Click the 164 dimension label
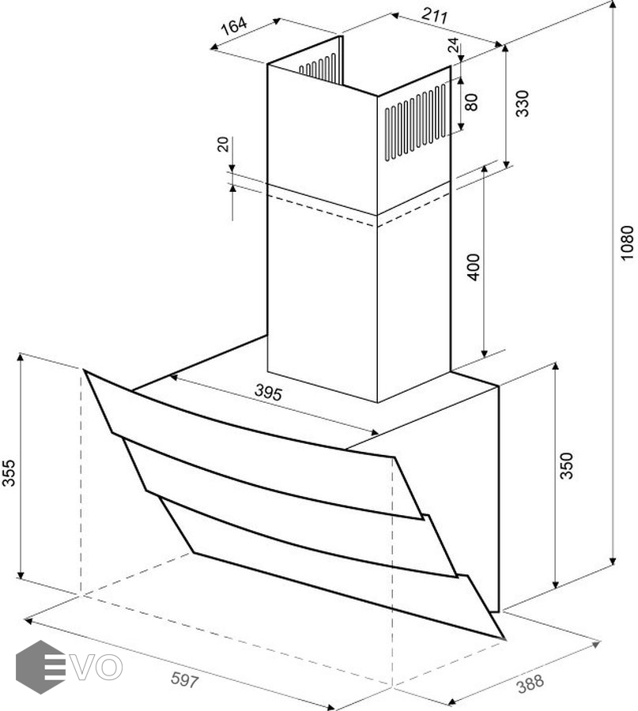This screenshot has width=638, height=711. coord(234,26)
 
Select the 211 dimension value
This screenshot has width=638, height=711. coord(435,16)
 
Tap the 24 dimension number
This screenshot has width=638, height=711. coord(453,45)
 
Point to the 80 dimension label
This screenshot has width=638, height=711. coord(471,102)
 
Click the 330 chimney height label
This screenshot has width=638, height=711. coord(523,103)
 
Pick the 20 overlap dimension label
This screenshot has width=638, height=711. coord(223,145)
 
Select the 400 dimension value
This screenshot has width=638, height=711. coord(474,268)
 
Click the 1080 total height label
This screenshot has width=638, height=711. coord(627,243)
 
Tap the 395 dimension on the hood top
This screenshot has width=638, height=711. coord(268,392)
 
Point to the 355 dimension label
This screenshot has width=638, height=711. coord(9,473)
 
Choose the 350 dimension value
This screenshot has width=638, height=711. coord(567,465)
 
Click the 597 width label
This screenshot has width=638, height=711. coord(185,679)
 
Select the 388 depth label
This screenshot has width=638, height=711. coord(530,684)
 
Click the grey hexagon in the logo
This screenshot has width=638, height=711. coord(40,667)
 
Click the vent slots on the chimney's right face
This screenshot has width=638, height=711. coord(415,122)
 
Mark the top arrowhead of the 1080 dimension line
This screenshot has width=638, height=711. coord(613,5)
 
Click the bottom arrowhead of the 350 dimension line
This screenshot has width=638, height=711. coord(555,584)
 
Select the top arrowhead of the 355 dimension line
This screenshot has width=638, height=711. coord(20,358)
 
